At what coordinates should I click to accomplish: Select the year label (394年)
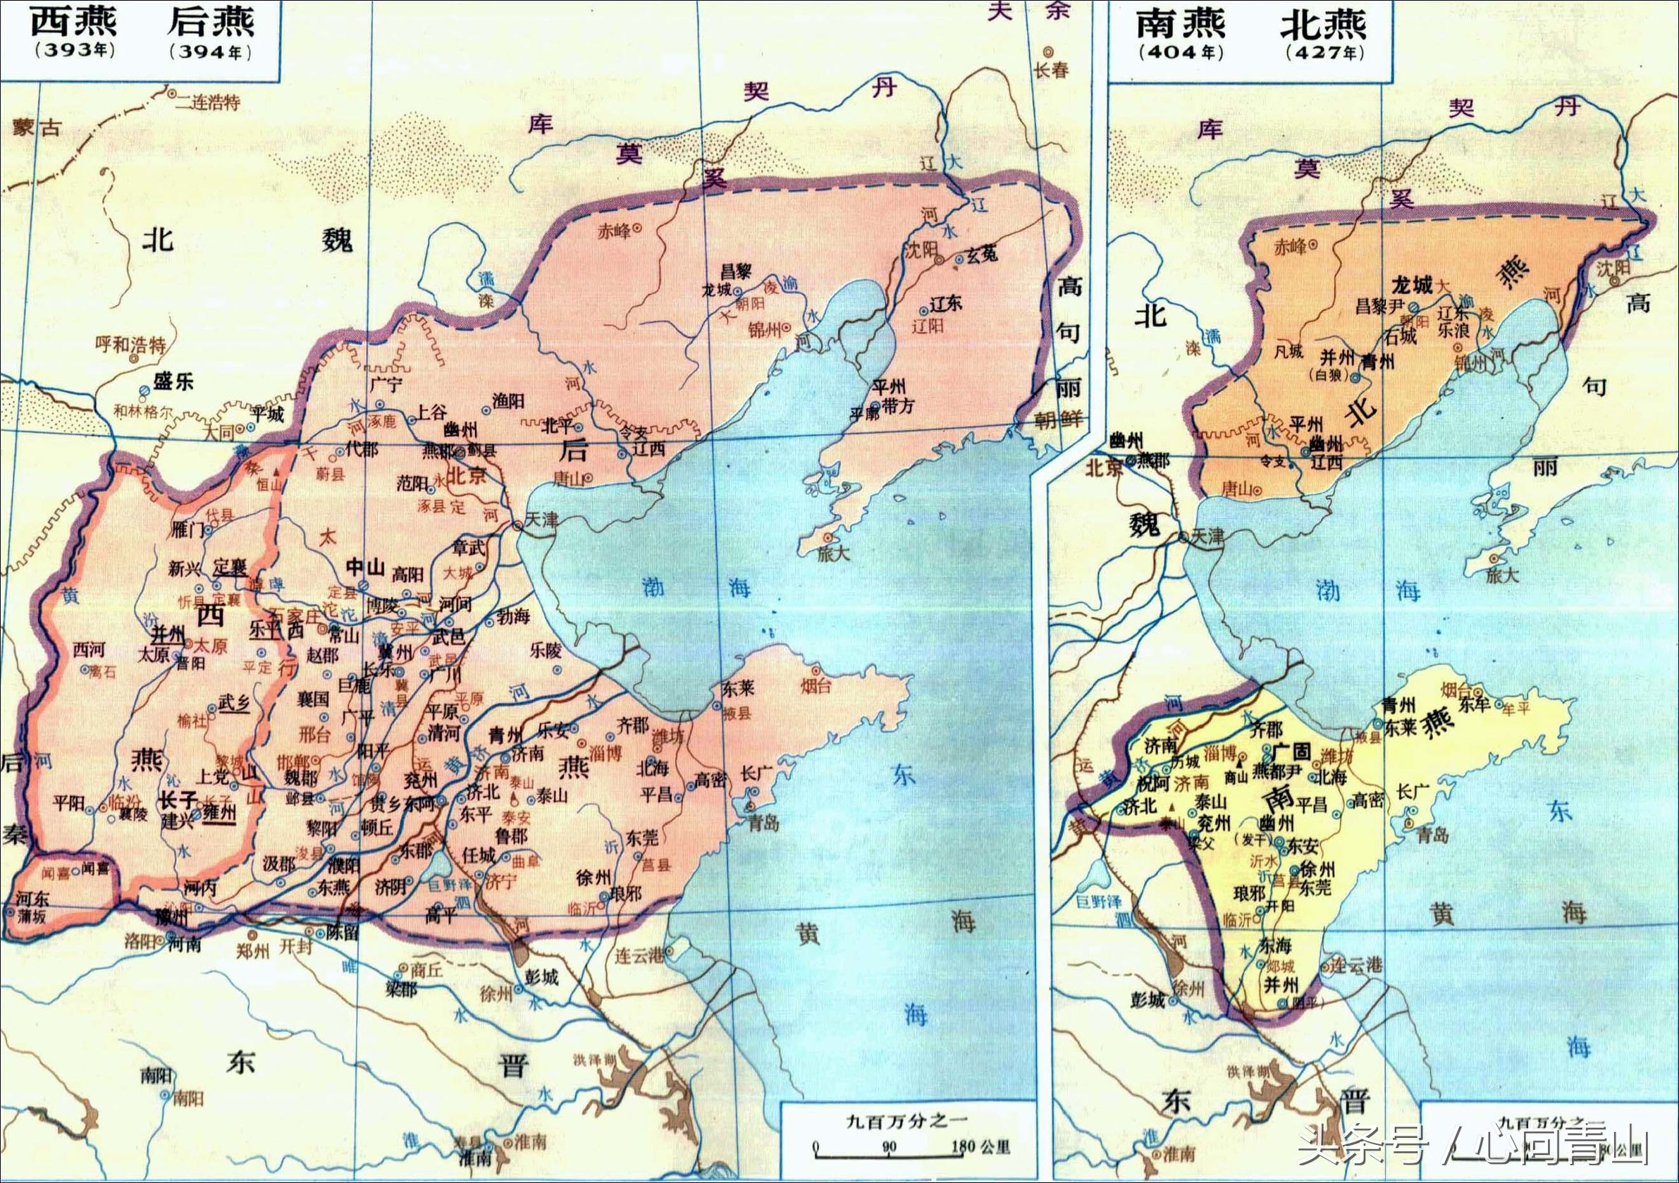(211, 53)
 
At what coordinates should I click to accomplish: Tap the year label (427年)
(1324, 53)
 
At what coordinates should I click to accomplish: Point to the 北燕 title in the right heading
(1323, 23)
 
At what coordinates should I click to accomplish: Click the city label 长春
(1052, 70)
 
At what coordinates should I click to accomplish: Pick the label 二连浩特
(208, 102)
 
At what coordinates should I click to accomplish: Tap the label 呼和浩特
(131, 344)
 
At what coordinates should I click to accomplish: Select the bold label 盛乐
(173, 381)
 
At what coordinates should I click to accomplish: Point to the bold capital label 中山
(365, 567)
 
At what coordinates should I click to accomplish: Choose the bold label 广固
(1291, 752)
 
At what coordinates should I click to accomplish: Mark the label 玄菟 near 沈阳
(982, 255)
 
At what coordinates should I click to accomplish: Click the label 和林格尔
(143, 412)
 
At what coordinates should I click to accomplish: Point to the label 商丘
(426, 969)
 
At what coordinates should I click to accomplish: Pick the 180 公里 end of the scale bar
(980, 1146)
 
